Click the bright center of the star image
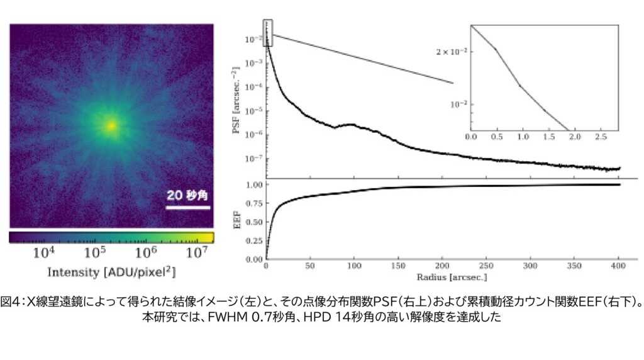coord(111,126)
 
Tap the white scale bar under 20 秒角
coord(187,206)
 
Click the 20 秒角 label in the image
coord(187,196)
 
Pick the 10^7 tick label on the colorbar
coord(197,253)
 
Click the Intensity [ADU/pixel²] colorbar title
coord(111,272)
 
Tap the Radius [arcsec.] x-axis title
coord(443,277)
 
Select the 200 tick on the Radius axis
coord(443,266)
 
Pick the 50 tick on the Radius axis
coord(311,266)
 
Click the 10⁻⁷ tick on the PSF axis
coord(253,159)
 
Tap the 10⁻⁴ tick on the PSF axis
coord(253,87)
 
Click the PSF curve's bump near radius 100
coord(353,125)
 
